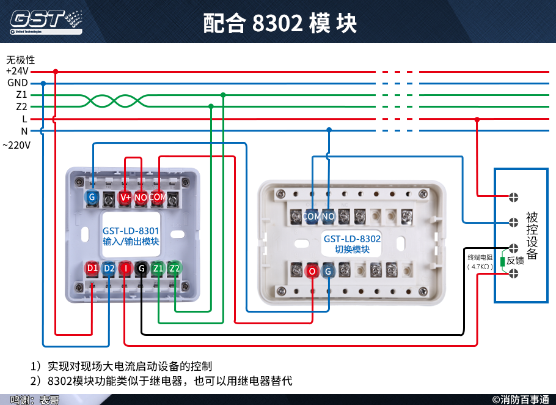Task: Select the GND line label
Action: pyautogui.click(x=17, y=83)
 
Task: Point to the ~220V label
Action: pyautogui.click(x=16, y=146)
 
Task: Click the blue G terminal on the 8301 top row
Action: pyautogui.click(x=92, y=197)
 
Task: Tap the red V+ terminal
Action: pyautogui.click(x=125, y=197)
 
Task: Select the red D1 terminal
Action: pyautogui.click(x=92, y=268)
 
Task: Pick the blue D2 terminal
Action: pyautogui.click(x=109, y=268)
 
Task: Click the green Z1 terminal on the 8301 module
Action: pyautogui.click(x=158, y=268)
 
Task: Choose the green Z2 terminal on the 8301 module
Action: pyautogui.click(x=175, y=268)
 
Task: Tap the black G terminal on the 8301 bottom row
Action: pyautogui.click(x=142, y=268)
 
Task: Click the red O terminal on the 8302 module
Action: pyautogui.click(x=312, y=270)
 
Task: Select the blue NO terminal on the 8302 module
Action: pyautogui.click(x=328, y=216)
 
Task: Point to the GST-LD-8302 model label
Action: pyautogui.click(x=352, y=239)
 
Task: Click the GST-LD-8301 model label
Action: pyautogui.click(x=131, y=231)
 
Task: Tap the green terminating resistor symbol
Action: pyautogui.click(x=502, y=261)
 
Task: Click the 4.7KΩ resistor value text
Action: pyautogui.click(x=480, y=267)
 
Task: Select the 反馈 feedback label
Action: pyautogui.click(x=516, y=261)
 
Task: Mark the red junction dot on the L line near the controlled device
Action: pyautogui.click(x=477, y=119)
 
